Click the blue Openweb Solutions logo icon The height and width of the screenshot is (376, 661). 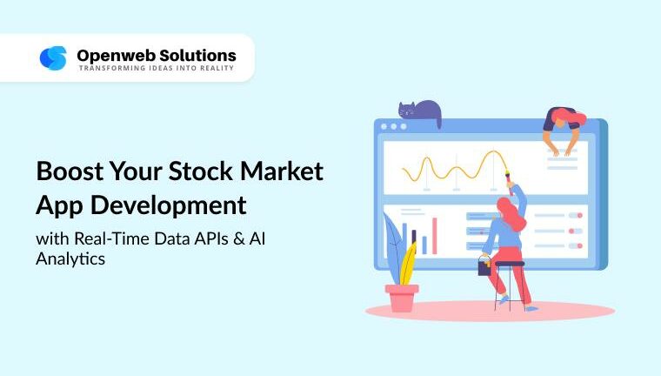click(53, 57)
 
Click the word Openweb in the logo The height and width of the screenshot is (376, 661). click(110, 54)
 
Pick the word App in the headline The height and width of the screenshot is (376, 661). click(57, 205)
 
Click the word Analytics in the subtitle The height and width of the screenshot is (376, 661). click(70, 258)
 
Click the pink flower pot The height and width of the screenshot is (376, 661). click(402, 298)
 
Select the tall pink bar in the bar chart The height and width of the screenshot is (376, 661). click(435, 235)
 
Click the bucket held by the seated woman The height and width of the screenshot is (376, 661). click(484, 267)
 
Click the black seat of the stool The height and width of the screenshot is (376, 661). click(509, 263)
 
